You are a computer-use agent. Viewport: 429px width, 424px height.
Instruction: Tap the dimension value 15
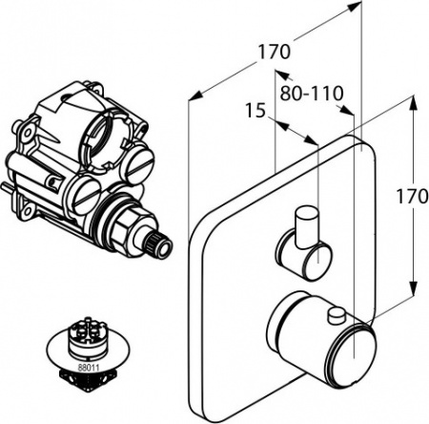point(253,112)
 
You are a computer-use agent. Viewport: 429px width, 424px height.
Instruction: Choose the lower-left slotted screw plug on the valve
point(86,195)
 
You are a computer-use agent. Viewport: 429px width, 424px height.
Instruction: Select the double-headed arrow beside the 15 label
point(296,131)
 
